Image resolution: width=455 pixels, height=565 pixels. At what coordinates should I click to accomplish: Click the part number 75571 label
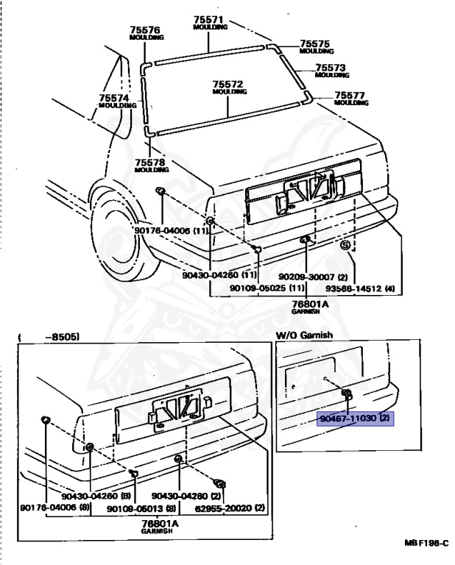[209, 19]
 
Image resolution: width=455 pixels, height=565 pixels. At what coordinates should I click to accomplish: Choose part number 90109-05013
[141, 508]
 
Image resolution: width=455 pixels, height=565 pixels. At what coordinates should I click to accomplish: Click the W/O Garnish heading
[304, 335]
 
